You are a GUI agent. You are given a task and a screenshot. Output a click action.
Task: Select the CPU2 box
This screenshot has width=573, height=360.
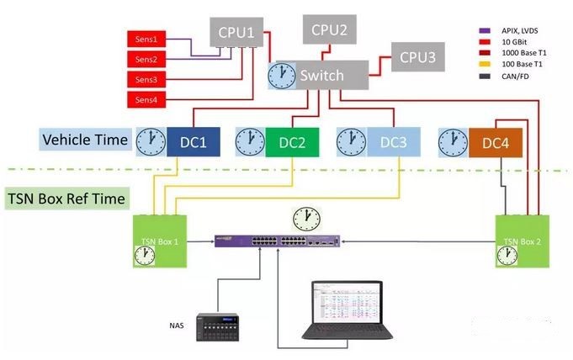pyautogui.click(x=329, y=29)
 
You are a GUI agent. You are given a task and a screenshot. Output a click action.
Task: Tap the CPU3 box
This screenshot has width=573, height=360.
pyautogui.click(x=417, y=58)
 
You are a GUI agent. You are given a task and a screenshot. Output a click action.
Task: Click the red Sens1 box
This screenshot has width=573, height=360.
pyautogui.click(x=146, y=40)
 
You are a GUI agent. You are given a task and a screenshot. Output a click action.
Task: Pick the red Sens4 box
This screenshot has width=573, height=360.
pyautogui.click(x=146, y=101)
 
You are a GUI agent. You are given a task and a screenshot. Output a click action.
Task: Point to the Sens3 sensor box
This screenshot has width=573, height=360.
pyautogui.click(x=146, y=80)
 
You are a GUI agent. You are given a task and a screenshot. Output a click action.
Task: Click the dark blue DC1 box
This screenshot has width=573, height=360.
pyautogui.click(x=193, y=142)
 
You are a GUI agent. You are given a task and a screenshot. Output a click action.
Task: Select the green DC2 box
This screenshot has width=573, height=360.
pyautogui.click(x=292, y=142)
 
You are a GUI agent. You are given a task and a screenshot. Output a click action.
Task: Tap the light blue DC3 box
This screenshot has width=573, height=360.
pyautogui.click(x=392, y=142)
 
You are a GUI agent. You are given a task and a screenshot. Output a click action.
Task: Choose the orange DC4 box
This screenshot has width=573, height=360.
pyautogui.click(x=496, y=141)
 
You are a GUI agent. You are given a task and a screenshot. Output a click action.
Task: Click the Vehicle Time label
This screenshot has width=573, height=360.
pyautogui.click(x=85, y=140)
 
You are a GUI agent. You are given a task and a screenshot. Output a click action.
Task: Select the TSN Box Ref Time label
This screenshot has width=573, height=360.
pyautogui.click(x=67, y=199)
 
